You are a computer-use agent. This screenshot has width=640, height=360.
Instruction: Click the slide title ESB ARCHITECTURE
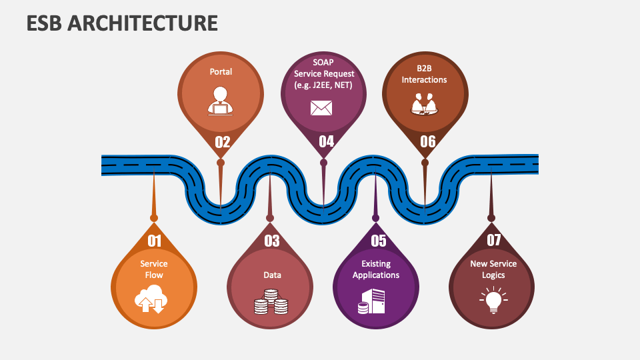tap(122, 23)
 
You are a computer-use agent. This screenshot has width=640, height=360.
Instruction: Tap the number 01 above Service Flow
tap(154, 241)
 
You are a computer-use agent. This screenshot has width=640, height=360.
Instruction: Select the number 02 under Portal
tap(222, 142)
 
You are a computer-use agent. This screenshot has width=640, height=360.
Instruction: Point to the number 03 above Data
tap(271, 241)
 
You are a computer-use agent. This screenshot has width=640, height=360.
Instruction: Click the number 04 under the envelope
tap(326, 142)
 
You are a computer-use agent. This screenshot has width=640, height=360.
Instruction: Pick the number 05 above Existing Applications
tap(378, 241)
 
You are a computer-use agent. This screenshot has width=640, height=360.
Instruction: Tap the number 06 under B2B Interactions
tap(427, 142)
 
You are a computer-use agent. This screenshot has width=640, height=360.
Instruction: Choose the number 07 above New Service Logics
tap(493, 241)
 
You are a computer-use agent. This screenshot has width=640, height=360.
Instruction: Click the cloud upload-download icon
tap(151, 299)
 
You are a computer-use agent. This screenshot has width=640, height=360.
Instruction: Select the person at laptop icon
tap(221, 101)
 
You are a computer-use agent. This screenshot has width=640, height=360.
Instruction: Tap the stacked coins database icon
tap(271, 302)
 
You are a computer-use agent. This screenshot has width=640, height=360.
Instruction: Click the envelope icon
tap(321, 107)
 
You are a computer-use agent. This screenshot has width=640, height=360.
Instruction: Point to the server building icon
tap(372, 301)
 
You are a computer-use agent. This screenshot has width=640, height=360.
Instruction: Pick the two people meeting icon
tap(424, 104)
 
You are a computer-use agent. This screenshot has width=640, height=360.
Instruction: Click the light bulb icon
tap(493, 300)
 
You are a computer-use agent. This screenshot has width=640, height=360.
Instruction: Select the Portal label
tap(221, 71)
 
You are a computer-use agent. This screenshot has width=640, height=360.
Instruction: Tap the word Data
tap(272, 275)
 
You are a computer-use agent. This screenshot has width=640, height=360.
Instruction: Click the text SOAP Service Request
tap(323, 73)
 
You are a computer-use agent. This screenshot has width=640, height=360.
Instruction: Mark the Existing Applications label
tap(376, 269)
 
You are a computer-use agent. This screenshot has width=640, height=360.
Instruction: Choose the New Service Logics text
tap(493, 269)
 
